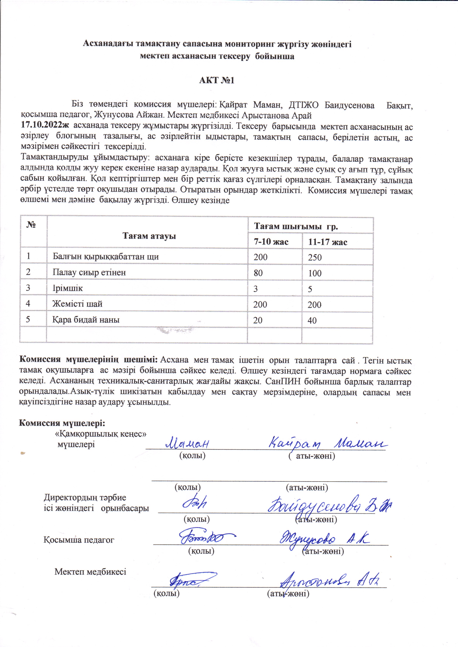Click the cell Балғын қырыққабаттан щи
pyautogui.click(x=106, y=257)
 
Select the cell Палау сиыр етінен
pyautogui.click(x=89, y=273)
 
